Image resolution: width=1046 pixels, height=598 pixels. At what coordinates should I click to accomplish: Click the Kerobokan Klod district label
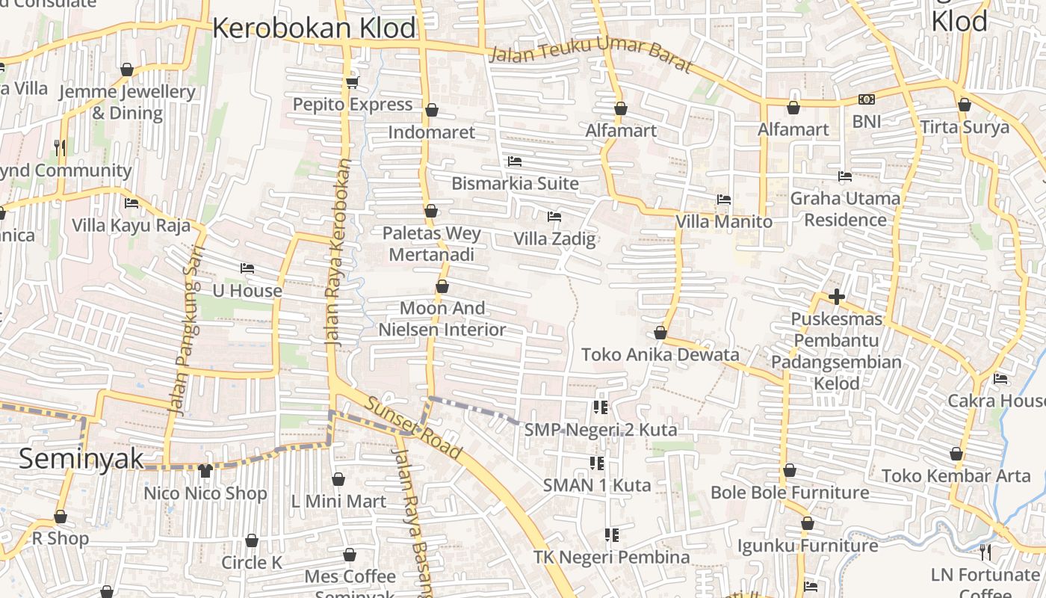(314, 28)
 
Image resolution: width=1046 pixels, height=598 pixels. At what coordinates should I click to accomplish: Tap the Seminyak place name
(81, 458)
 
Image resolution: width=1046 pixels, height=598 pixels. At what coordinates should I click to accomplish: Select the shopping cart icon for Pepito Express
(352, 82)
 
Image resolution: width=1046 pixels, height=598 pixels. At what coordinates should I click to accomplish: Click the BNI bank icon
(866, 99)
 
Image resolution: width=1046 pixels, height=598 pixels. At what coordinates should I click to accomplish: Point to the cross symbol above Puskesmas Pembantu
(836, 297)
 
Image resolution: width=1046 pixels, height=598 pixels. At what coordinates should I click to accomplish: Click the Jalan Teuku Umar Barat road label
(590, 60)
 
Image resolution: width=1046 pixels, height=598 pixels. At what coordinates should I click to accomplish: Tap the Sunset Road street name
(412, 427)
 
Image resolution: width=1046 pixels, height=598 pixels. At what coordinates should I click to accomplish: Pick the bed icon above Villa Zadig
(554, 217)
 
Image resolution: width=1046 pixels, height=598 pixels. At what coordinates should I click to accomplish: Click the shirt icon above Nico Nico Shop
(205, 470)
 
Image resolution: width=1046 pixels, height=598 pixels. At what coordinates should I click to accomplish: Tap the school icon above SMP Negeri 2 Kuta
(600, 407)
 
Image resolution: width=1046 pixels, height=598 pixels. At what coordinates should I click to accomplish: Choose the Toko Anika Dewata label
(660, 354)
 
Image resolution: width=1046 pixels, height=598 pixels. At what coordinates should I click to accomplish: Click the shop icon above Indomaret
(431, 111)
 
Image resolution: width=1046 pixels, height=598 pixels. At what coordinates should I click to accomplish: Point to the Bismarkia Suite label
(515, 183)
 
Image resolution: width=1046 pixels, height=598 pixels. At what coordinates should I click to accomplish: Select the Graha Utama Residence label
(845, 209)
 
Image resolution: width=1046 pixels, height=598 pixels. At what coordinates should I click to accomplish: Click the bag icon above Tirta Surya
(964, 105)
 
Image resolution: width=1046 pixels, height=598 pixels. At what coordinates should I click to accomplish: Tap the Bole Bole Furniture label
(790, 493)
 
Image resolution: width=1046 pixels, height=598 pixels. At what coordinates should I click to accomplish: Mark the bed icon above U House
(247, 268)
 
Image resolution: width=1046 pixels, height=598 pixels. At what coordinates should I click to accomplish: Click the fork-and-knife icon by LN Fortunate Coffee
(985, 552)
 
